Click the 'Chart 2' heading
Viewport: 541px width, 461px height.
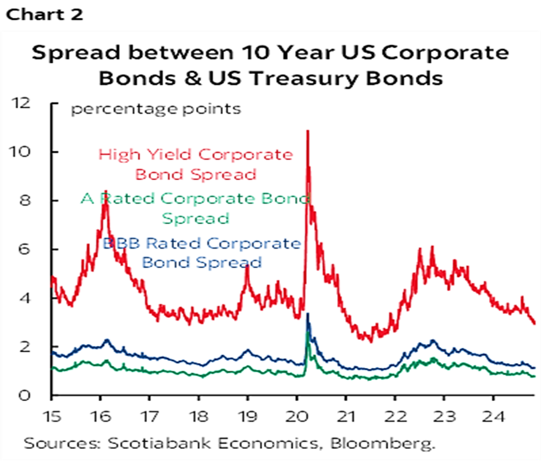[45, 15]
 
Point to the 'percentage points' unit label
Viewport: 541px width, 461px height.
[156, 110]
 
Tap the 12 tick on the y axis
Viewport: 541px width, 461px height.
[21, 103]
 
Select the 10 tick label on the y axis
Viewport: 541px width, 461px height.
[21, 152]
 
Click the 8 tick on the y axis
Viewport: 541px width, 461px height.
[25, 200]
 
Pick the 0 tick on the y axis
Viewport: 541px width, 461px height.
[25, 395]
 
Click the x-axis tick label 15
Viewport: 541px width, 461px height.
[51, 416]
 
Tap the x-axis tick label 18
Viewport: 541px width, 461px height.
[199, 416]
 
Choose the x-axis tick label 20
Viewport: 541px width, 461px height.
[297, 416]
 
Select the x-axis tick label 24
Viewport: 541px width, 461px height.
[493, 416]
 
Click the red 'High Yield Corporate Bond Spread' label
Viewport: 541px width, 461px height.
[195, 165]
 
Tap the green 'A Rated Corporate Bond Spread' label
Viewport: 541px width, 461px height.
[195, 209]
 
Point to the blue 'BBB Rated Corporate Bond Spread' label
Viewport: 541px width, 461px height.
[202, 253]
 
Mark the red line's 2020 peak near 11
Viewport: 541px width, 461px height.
[308, 130]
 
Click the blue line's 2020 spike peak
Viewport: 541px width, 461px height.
[308, 313]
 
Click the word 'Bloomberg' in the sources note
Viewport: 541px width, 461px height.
[382, 443]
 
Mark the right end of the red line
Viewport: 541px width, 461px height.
[534, 323]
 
